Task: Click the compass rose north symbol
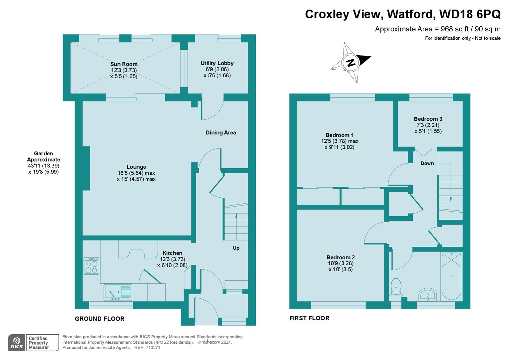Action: click(x=350, y=62)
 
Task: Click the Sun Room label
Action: click(x=124, y=64)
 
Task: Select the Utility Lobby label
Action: click(x=217, y=63)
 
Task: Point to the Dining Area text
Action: click(x=221, y=133)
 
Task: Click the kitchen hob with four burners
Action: click(x=91, y=266)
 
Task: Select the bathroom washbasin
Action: click(x=427, y=295)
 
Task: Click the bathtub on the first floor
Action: click(x=451, y=276)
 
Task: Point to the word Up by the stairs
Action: click(x=236, y=248)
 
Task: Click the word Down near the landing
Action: click(x=427, y=163)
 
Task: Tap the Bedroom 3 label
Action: click(x=428, y=119)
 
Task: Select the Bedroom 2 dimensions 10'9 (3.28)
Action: click(x=340, y=263)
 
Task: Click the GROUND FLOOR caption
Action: click(x=100, y=319)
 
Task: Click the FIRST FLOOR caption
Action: click(x=309, y=318)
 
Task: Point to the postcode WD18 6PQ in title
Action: click(x=470, y=14)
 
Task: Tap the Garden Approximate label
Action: click(x=43, y=156)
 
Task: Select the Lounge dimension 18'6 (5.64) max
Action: click(x=136, y=173)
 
